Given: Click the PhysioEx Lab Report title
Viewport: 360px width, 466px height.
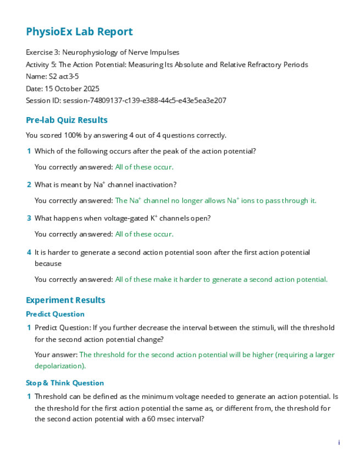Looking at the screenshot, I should [79, 32].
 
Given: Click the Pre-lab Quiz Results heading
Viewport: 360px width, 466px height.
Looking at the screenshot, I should [67, 120].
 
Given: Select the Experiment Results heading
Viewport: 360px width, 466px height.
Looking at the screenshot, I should [65, 300].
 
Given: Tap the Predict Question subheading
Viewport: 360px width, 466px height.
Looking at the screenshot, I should [55, 314].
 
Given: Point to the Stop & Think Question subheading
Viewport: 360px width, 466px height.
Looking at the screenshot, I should [65, 383].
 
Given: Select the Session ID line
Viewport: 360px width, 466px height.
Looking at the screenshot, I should [126, 101].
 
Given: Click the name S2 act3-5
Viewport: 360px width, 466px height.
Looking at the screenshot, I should [64, 76].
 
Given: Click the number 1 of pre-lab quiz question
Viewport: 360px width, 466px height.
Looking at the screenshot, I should [29, 151].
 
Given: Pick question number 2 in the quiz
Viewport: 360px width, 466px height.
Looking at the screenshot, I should [29, 185].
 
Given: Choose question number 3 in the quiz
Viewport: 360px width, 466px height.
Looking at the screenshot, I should [29, 218].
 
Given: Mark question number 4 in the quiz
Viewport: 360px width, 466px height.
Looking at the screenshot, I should [29, 252].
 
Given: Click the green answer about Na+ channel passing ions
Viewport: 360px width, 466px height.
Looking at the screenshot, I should [215, 201].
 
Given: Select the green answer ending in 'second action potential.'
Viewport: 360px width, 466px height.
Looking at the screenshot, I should [221, 279].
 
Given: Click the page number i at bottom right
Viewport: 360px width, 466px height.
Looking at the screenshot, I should [339, 442].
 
